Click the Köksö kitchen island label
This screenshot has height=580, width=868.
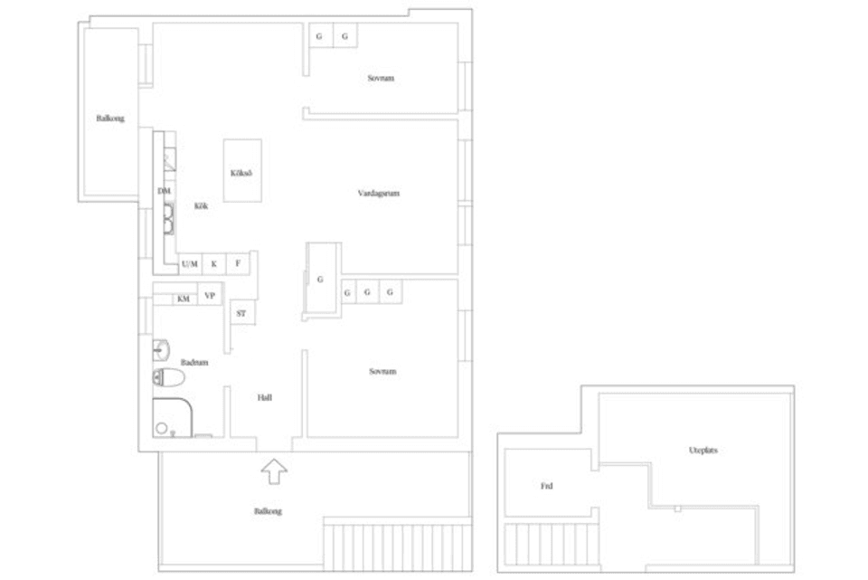click(x=241, y=172)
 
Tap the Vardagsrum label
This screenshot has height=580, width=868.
click(x=378, y=193)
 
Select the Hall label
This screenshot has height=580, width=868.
click(x=264, y=397)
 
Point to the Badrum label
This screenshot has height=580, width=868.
click(x=194, y=362)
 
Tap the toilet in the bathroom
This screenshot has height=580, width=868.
click(x=169, y=378)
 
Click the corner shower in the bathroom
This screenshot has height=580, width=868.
click(x=171, y=417)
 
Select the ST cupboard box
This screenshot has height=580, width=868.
click(x=241, y=313)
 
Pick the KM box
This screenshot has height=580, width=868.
click(x=184, y=298)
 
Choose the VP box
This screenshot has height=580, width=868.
click(x=210, y=296)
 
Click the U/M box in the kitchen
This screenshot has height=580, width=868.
click(x=189, y=264)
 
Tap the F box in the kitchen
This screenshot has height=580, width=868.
click(x=239, y=263)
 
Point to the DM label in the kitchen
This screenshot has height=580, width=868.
click(x=164, y=191)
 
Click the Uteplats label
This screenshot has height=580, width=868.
click(x=703, y=450)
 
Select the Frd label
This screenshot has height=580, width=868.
click(x=547, y=486)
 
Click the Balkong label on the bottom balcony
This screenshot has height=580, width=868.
click(x=268, y=511)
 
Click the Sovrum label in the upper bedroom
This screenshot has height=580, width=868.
click(x=381, y=79)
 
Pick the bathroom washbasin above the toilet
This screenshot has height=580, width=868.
click(x=162, y=348)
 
